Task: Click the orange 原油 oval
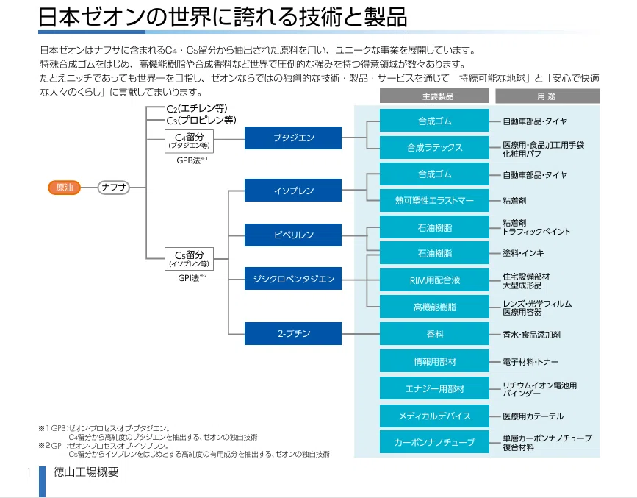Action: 64,188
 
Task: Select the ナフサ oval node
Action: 113,188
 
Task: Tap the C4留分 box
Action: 189,141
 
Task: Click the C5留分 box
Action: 189,259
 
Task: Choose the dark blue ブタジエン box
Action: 293,138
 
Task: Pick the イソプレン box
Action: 293,191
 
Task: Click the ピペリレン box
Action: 293,235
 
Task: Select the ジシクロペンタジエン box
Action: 293,279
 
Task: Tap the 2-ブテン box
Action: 293,334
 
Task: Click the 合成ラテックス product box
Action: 434,148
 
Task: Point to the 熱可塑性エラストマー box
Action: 434,201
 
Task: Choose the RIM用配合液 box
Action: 434,280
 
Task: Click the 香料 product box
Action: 434,334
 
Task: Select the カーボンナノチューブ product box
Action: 434,442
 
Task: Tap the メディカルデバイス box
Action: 434,416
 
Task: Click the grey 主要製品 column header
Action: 434,96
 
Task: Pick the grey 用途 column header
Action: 547,96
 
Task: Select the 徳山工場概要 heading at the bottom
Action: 86,472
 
